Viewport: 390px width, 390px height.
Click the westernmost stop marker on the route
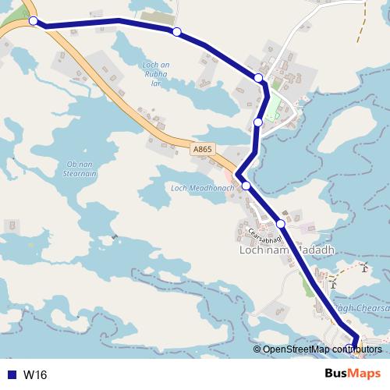[34, 21]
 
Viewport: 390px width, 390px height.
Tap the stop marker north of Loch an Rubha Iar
[177, 32]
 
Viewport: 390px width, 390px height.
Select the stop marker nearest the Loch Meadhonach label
[246, 186]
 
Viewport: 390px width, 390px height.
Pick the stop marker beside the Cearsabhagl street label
[281, 224]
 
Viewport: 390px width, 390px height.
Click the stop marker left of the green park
[258, 122]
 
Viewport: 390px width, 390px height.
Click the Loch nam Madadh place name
[286, 250]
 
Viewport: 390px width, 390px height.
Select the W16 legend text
[35, 375]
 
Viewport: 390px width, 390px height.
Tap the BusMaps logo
[353, 374]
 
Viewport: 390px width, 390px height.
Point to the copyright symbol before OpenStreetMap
[257, 349]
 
